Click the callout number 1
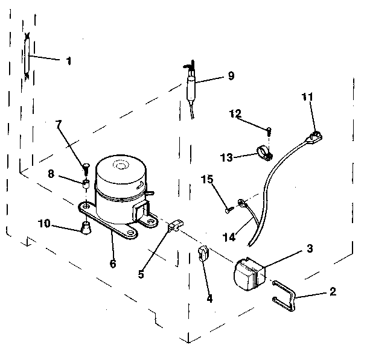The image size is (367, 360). [x=68, y=61]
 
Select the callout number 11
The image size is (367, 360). [x=307, y=96]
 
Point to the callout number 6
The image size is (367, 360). [x=113, y=263]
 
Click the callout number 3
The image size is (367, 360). [x=308, y=248]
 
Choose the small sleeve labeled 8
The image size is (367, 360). [x=86, y=182]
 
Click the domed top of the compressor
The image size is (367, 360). [x=121, y=165]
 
